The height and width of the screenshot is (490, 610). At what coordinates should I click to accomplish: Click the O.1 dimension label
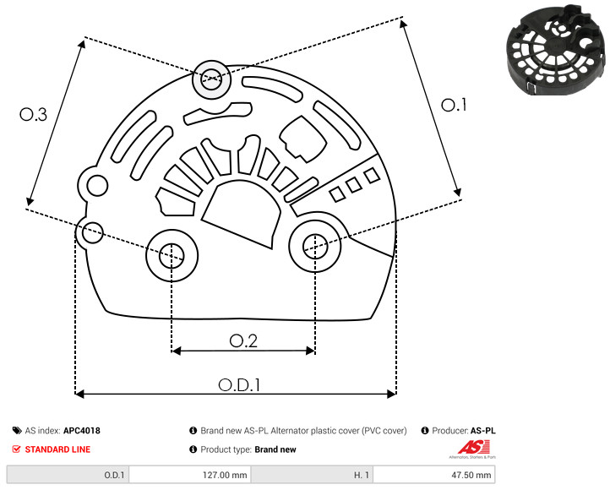454,105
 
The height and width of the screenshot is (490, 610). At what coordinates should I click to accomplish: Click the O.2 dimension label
243,340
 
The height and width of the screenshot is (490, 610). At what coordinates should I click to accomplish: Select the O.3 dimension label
33,116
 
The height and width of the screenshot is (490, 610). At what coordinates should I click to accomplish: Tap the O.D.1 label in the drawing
239,384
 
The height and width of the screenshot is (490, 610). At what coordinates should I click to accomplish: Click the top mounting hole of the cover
209,82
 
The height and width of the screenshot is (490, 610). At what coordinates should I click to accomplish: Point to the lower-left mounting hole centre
172,253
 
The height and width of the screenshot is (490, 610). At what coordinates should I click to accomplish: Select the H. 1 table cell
312,475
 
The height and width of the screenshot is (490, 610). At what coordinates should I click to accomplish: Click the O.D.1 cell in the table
68,475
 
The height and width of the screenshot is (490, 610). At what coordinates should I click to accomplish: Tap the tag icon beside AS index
17,431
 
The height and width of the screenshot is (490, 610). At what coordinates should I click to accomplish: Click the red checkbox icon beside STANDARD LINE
17,449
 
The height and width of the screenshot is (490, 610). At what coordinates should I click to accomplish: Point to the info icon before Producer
424,431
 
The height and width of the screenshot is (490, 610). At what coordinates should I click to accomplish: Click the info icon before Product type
193,449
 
